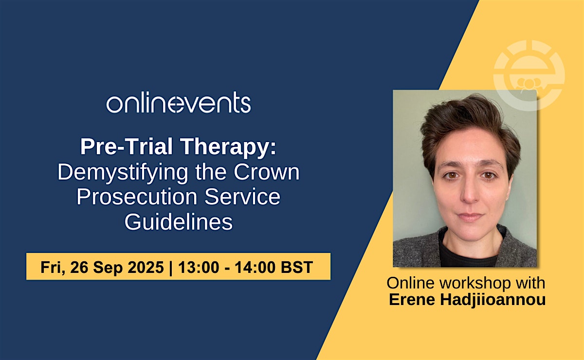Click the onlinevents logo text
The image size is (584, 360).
[x=179, y=102]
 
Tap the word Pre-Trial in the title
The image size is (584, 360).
[x=127, y=146]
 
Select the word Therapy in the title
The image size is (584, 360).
[x=228, y=147]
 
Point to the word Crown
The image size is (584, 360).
[x=267, y=172]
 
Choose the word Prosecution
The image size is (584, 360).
[x=137, y=197]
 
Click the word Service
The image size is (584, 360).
[x=242, y=197]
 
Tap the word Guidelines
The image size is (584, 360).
[x=179, y=222]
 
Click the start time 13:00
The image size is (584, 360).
[x=199, y=267]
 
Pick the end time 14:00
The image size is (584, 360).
[x=255, y=267]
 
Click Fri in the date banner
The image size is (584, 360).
[x=52, y=268]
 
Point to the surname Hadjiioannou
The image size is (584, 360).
[x=493, y=300]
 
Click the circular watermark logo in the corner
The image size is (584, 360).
[x=529, y=75]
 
